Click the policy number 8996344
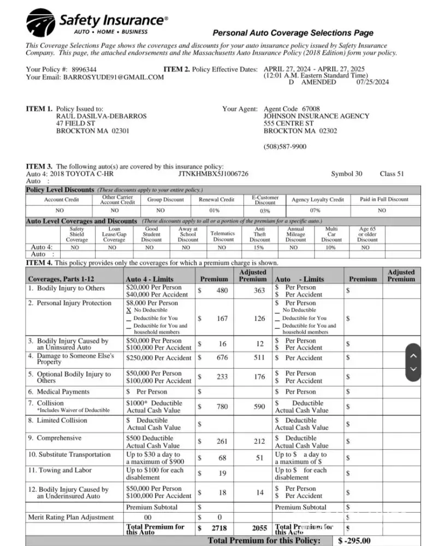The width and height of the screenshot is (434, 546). click(x=84, y=70)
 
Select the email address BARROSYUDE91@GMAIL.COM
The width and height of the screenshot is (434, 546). click(x=114, y=78)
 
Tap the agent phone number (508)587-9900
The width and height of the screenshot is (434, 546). click(x=285, y=147)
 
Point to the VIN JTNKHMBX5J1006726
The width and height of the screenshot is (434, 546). click(x=213, y=174)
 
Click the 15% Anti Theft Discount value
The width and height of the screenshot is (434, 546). click(x=259, y=247)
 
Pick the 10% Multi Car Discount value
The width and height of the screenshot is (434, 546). click(x=331, y=247)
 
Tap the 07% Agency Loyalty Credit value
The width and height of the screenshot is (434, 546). click(x=314, y=210)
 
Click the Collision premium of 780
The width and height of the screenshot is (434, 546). click(x=222, y=406)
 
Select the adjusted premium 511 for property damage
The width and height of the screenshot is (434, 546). click(x=260, y=358)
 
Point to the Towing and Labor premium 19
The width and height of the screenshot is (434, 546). click(x=222, y=473)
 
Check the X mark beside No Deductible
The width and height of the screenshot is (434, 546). click(x=128, y=310)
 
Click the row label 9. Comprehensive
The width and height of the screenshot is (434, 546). click(x=55, y=438)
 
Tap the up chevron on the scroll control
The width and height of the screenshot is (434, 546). click(x=413, y=355)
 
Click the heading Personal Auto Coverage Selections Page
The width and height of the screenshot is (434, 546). click(x=293, y=33)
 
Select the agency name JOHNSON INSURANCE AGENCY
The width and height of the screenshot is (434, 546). click(x=316, y=116)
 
